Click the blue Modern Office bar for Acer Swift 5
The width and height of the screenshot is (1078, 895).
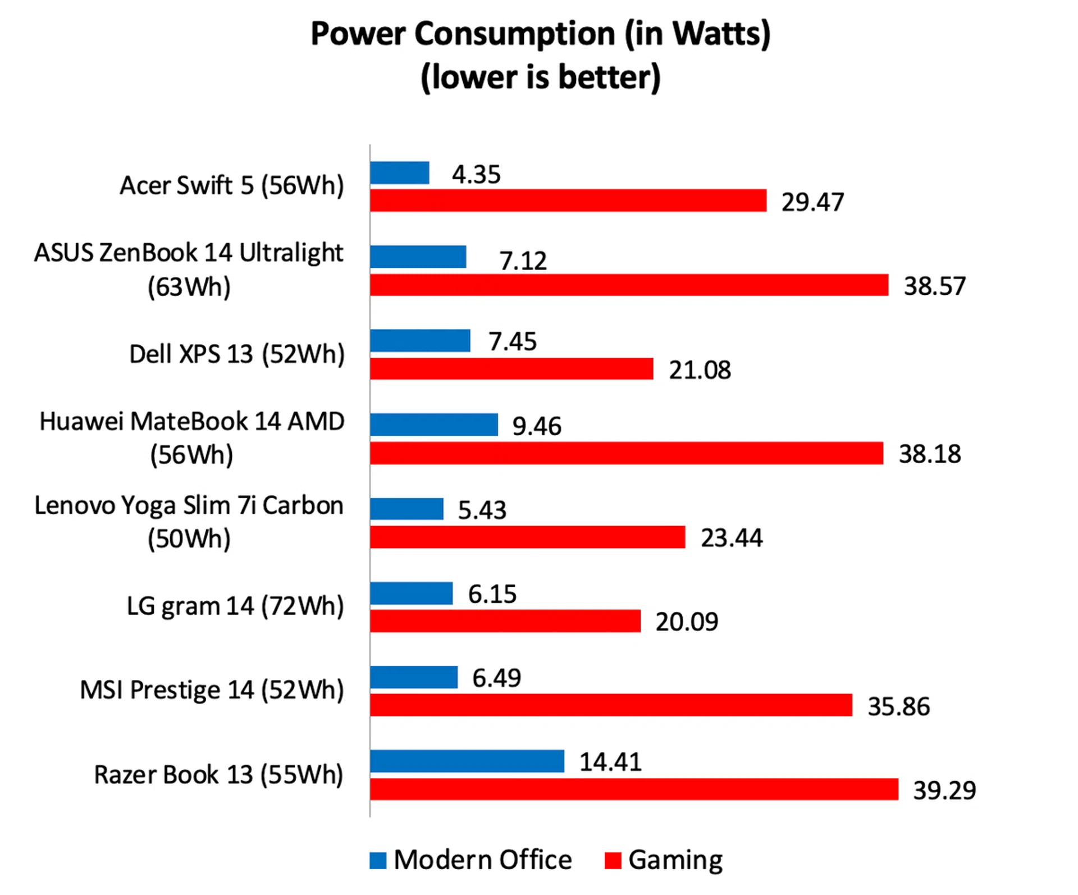[400, 173]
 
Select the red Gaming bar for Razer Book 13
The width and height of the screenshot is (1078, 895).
[634, 789]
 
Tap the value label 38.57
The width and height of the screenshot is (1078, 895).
[934, 286]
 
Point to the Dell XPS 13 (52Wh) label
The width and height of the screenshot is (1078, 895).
[236, 354]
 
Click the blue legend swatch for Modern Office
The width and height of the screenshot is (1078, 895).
[378, 860]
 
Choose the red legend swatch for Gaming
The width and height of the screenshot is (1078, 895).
[613, 860]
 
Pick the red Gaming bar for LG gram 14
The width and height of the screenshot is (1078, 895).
[505, 621]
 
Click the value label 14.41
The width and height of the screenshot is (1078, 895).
[610, 762]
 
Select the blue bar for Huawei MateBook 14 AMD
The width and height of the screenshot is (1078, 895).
[434, 424]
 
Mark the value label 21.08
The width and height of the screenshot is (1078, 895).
[700, 370]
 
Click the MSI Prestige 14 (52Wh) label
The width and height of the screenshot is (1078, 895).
[212, 690]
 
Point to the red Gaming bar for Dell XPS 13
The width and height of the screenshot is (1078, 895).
[511, 369]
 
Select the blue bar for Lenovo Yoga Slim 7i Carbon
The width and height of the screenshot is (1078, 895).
[406, 509]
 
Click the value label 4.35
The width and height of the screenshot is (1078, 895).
[476, 174]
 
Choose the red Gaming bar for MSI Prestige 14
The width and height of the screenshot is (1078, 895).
[611, 705]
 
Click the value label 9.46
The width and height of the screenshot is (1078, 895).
[537, 426]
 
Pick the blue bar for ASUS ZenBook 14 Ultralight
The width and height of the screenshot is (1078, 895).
[418, 257]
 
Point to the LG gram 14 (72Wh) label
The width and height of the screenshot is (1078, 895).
[235, 606]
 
